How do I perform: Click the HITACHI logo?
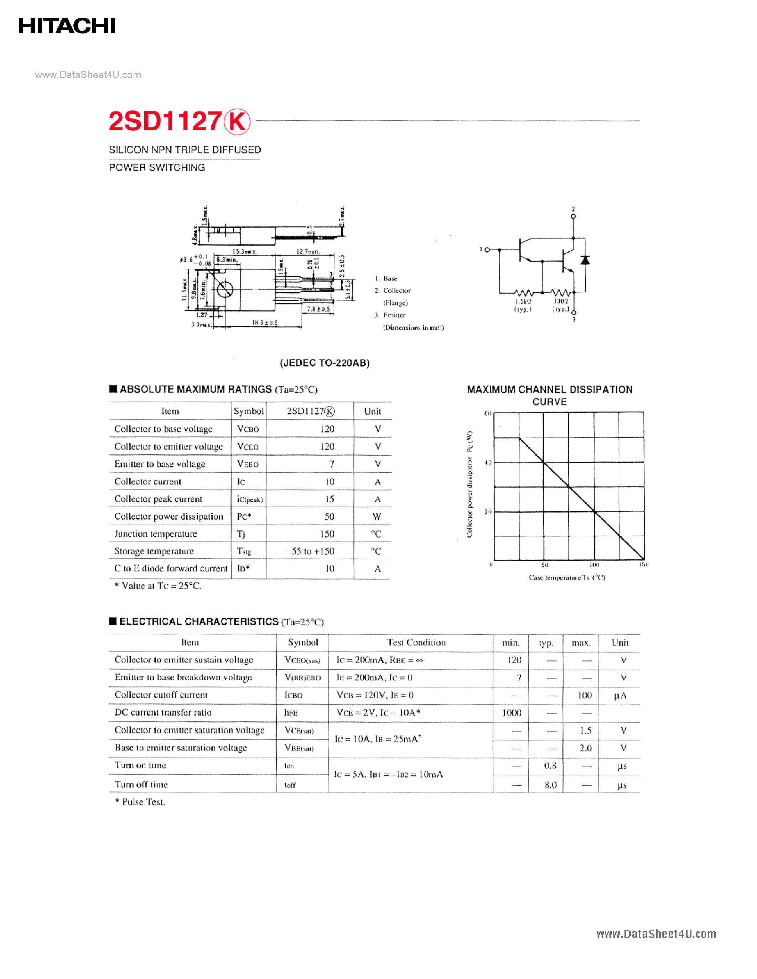pyautogui.click(x=67, y=26)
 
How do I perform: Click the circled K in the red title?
pyautogui.click(x=237, y=121)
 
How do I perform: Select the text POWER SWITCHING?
pyautogui.click(x=157, y=168)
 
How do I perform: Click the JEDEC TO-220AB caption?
pyautogui.click(x=324, y=363)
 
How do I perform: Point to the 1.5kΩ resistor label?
pyautogui.click(x=523, y=302)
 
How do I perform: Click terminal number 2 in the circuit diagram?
pyautogui.click(x=573, y=209)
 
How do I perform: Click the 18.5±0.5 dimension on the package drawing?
pyautogui.click(x=265, y=323)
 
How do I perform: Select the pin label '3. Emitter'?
pyautogui.click(x=390, y=315)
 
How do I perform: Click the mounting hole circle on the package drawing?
pyautogui.click(x=225, y=289)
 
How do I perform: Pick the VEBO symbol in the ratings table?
pyautogui.click(x=248, y=464)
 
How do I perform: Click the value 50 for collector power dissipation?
pyautogui.click(x=329, y=517)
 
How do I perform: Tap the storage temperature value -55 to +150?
pyautogui.click(x=310, y=551)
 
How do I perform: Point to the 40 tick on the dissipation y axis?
pyautogui.click(x=488, y=462)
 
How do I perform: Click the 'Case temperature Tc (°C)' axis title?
pyautogui.click(x=567, y=577)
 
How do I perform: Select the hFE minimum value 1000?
pyautogui.click(x=512, y=713)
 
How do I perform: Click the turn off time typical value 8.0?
pyautogui.click(x=550, y=785)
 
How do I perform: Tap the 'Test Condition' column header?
pyautogui.click(x=416, y=642)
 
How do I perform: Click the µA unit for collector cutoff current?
pyautogui.click(x=620, y=696)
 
